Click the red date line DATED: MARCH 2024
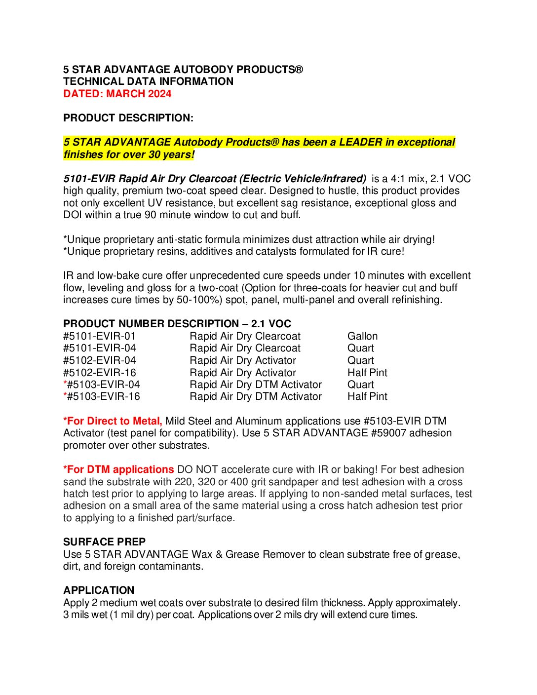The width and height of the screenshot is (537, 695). click(117, 94)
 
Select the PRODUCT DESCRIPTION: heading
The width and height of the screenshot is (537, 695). click(128, 118)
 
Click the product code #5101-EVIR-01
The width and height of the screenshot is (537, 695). click(99, 336)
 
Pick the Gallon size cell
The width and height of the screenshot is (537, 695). click(362, 336)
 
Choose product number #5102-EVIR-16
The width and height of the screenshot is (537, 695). click(99, 373)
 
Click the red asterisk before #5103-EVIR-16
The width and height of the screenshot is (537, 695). click(65, 395)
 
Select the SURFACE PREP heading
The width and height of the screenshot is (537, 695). click(104, 542)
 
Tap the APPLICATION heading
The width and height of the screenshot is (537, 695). click(99, 590)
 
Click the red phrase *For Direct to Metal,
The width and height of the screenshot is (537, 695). click(113, 421)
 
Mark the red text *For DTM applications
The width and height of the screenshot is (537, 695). click(118, 469)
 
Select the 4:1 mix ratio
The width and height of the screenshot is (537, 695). click(397, 179)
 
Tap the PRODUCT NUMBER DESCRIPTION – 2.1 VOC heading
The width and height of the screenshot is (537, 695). click(177, 324)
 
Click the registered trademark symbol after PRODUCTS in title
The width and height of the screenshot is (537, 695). click(299, 69)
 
